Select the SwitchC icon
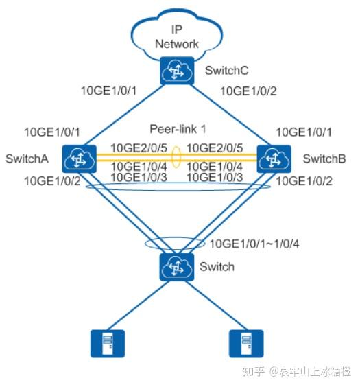(x=177, y=71)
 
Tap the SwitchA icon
(x=77, y=159)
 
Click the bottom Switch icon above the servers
(x=176, y=266)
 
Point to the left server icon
(x=104, y=343)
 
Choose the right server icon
(x=246, y=343)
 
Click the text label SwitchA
(x=27, y=159)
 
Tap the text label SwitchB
(x=324, y=159)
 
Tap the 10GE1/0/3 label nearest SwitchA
(x=138, y=176)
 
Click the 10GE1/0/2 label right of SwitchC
(x=248, y=90)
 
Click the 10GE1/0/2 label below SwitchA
(x=51, y=181)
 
